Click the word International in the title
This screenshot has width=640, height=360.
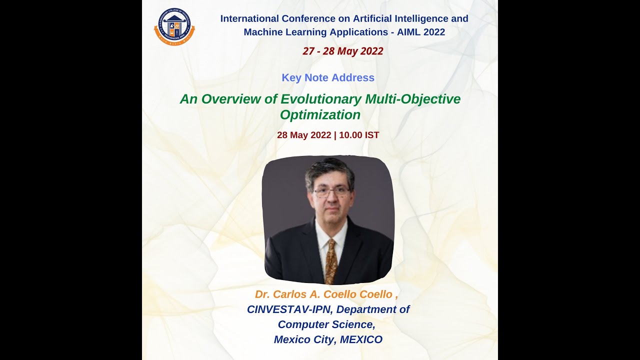[248, 19]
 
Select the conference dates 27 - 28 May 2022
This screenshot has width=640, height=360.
[343, 51]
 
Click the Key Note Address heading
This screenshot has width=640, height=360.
[328, 77]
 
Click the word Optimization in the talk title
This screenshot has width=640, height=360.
[320, 115]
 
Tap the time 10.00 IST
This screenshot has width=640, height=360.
[359, 135]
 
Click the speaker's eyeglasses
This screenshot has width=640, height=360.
[331, 191]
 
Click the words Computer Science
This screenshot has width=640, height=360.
[326, 324]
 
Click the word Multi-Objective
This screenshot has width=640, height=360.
[412, 99]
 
